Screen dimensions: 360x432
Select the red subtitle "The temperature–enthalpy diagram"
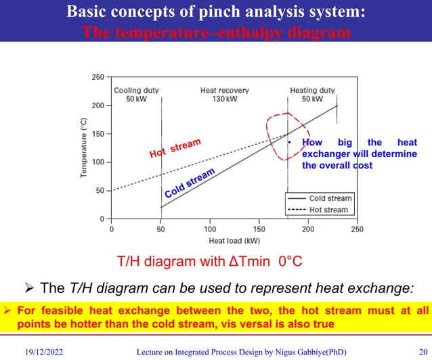pos(215,32)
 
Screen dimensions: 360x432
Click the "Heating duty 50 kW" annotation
pos(311,94)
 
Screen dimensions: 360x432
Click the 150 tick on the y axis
pos(98,134)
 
